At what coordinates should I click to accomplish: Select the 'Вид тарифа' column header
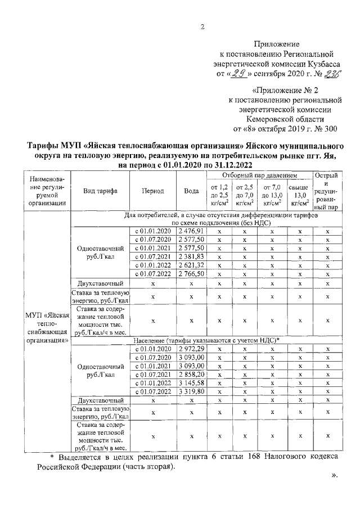[100, 191]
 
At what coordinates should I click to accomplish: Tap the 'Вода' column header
[191, 191]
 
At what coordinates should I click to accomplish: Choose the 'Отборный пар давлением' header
[260, 175]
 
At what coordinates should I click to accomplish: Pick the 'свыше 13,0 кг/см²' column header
[299, 195]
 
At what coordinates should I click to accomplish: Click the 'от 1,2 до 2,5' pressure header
[219, 195]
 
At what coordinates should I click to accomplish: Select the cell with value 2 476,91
[191, 231]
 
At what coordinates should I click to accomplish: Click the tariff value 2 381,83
[191, 256]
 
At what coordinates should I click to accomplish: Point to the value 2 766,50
[191, 273]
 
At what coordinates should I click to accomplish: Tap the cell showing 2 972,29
[191, 349]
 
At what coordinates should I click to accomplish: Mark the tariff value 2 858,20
[191, 374]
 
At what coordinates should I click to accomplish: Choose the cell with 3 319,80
[191, 391]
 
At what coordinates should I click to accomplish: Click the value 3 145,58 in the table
[191, 382]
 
